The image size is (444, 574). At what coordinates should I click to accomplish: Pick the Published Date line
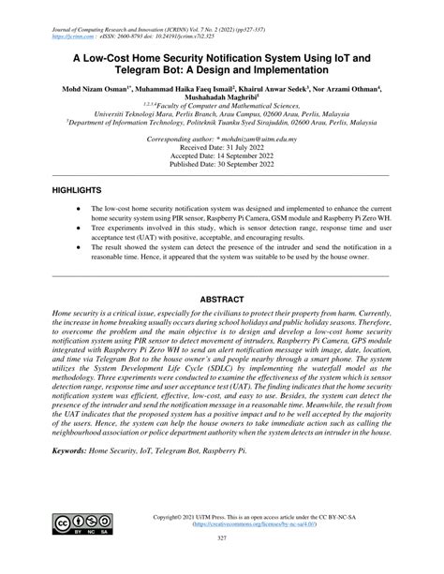coord(223,165)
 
